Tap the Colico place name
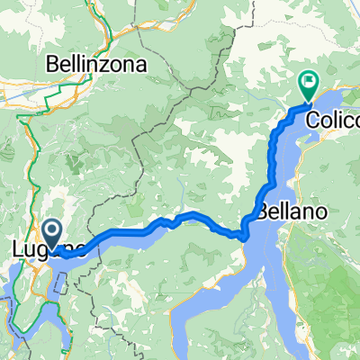click(332, 119)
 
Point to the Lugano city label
click(49, 249)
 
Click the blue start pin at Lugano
click(51, 236)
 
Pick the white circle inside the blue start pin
click(51, 233)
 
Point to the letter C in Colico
click(312, 119)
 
